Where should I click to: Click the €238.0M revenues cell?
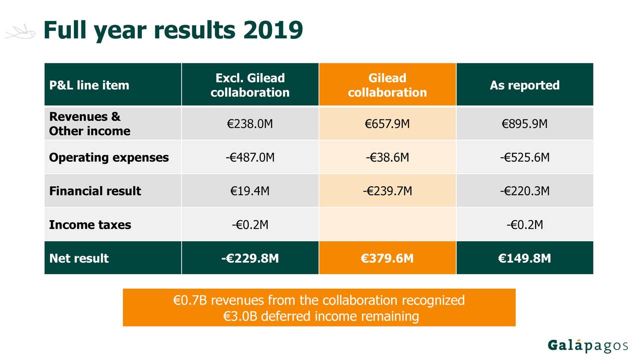click(250, 124)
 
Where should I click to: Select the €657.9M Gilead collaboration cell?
click(387, 124)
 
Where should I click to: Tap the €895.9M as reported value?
click(524, 124)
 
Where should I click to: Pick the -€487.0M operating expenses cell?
click(250, 158)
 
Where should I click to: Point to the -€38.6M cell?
click(387, 158)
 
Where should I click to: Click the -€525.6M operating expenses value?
click(524, 158)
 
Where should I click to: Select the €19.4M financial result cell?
click(250, 191)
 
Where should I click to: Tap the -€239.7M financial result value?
click(387, 191)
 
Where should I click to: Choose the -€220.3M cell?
click(524, 191)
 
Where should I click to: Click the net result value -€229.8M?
click(250, 258)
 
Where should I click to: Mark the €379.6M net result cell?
click(387, 258)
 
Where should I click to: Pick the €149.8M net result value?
click(524, 258)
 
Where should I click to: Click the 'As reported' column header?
click(524, 85)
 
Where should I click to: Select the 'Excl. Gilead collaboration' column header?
click(250, 85)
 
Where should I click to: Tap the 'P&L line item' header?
click(89, 85)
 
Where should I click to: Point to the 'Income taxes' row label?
click(90, 225)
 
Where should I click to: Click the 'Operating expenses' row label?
click(109, 158)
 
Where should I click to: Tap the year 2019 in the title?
click(273, 31)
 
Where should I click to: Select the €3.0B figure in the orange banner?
click(241, 316)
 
